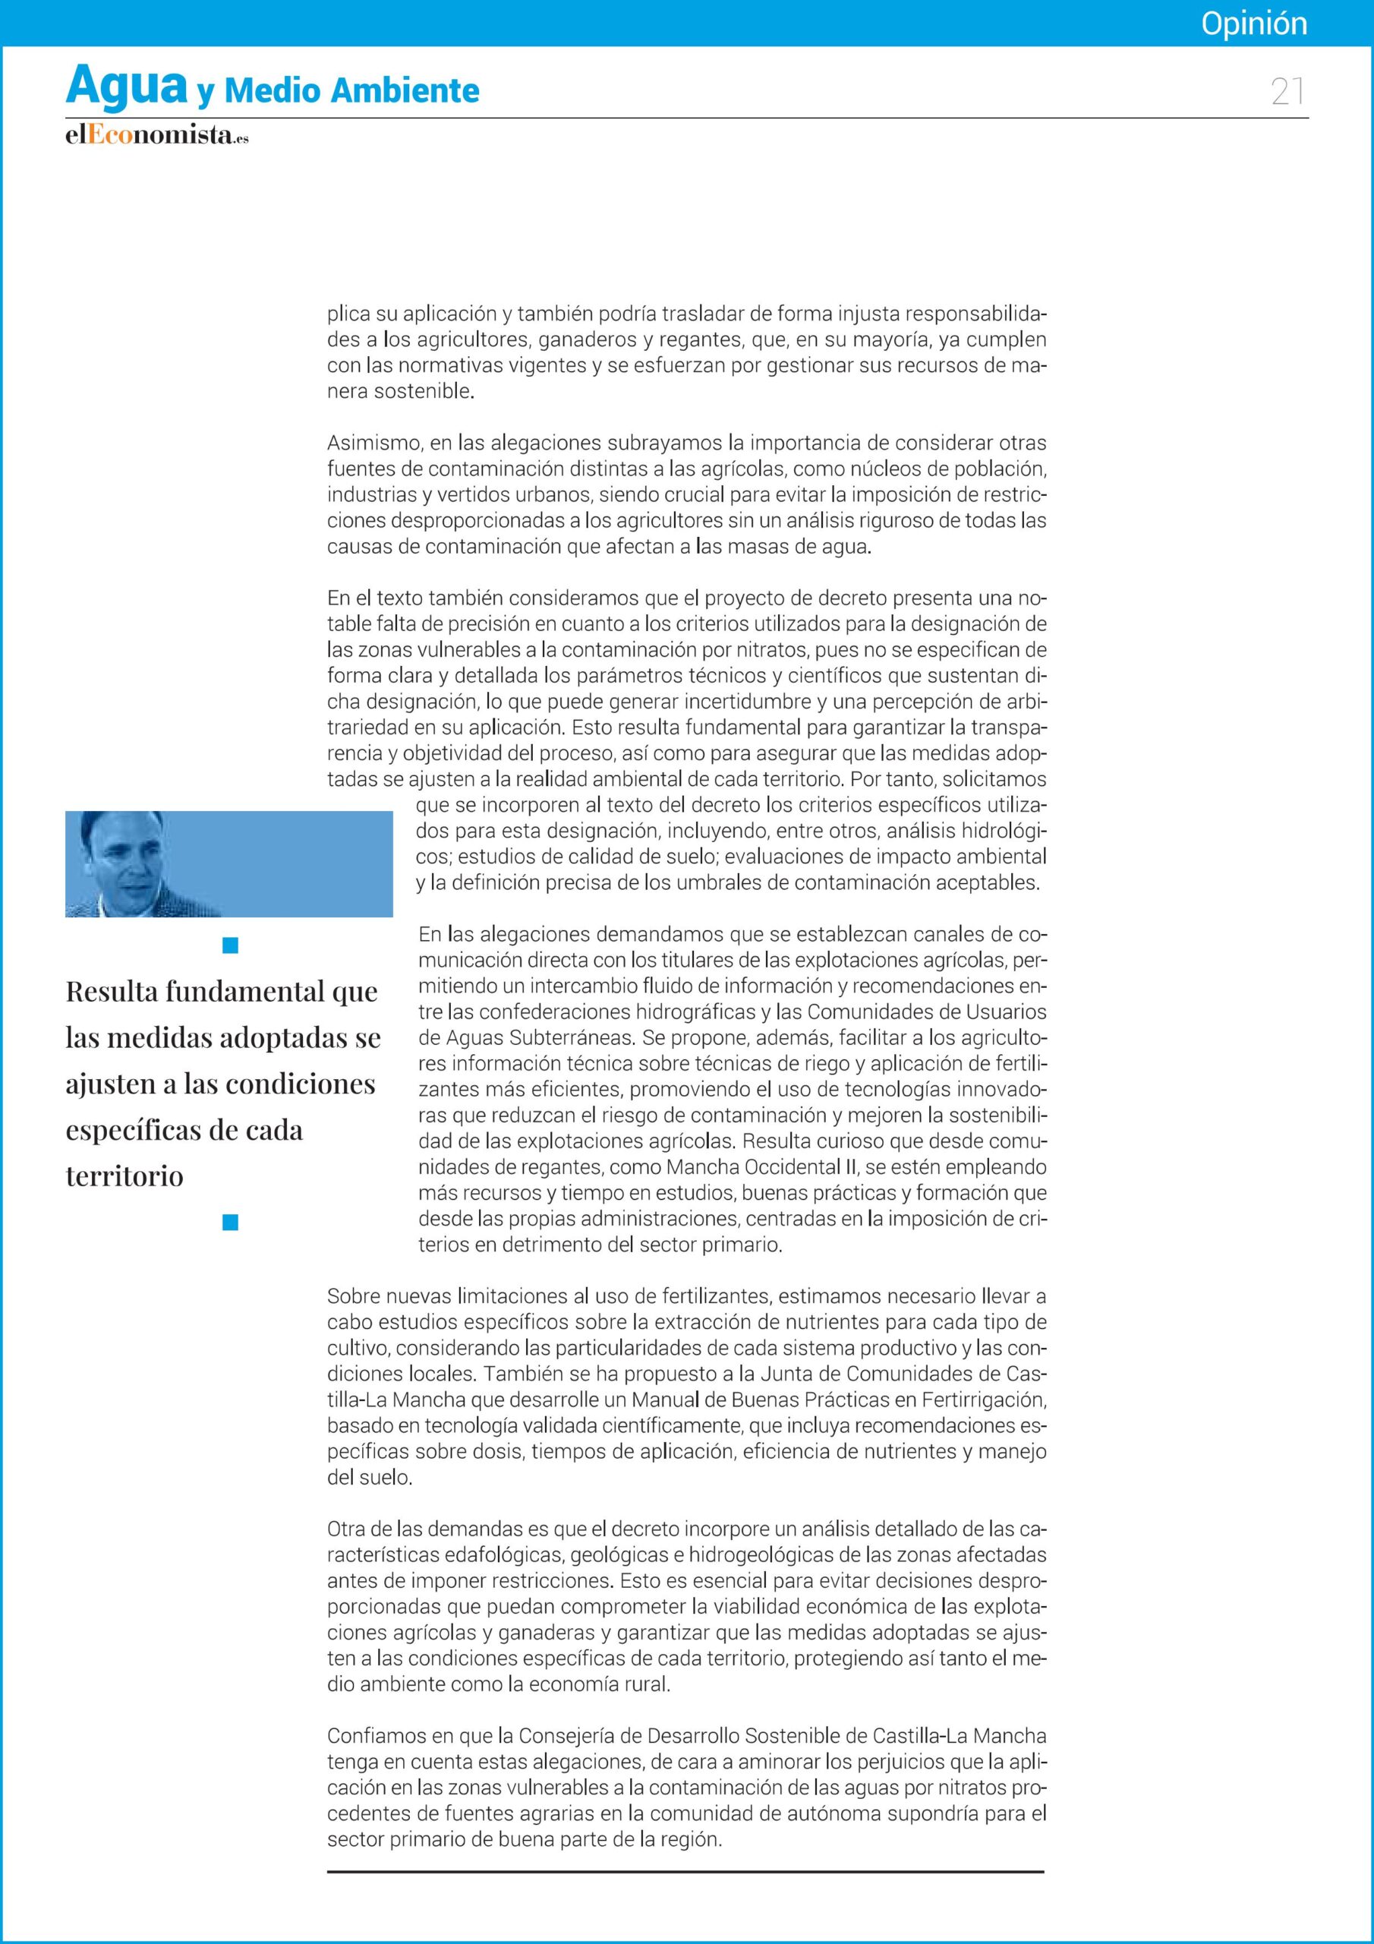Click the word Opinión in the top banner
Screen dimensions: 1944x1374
point(1254,24)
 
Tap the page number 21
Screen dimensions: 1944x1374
point(1287,91)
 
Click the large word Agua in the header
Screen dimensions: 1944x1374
point(126,87)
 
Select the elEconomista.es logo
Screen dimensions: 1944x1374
point(156,135)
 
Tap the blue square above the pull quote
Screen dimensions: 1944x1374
point(230,945)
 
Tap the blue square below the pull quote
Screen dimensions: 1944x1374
point(230,1222)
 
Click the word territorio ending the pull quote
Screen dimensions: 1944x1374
point(124,1176)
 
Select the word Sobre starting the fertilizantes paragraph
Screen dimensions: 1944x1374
point(353,1296)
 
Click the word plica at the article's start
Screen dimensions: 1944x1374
point(348,315)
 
